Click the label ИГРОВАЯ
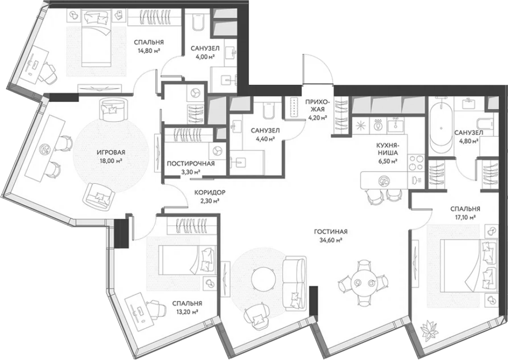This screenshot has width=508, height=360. click(x=111, y=152)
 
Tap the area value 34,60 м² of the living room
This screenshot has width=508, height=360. click(x=331, y=240)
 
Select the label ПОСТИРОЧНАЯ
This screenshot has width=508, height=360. click(x=191, y=163)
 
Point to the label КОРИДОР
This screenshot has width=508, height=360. click(x=209, y=192)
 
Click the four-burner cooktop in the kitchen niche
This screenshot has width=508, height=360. click(x=415, y=162)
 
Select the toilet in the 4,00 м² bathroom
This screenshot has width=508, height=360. click(x=197, y=23)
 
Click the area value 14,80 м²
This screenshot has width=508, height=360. click(x=149, y=50)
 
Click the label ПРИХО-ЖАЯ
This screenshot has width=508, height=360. click(x=317, y=110)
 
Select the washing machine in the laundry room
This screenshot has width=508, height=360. click(x=217, y=151)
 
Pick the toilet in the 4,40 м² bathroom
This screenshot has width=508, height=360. click(x=268, y=110)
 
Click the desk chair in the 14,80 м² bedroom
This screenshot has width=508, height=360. click(x=49, y=73)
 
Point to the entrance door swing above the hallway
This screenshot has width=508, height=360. click(x=317, y=69)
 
